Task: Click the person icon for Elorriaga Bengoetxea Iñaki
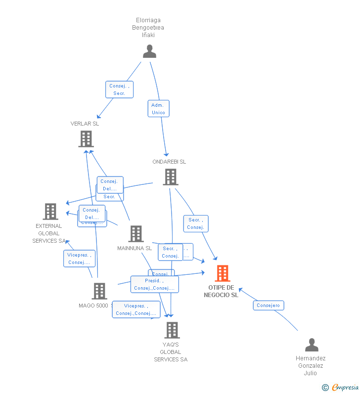[x=149, y=51]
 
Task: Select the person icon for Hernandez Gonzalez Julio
[x=312, y=345]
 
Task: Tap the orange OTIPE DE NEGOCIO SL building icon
[x=222, y=273]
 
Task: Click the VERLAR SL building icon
[x=86, y=139]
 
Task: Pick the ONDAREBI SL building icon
[x=170, y=177]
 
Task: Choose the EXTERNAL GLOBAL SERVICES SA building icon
[x=50, y=212]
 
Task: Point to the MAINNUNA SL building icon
[x=135, y=234]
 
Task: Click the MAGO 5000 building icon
[x=99, y=291]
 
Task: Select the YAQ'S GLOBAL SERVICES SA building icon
[x=172, y=330]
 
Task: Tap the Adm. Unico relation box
[x=158, y=109]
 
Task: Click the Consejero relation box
[x=269, y=306]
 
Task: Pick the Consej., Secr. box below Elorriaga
[x=119, y=89]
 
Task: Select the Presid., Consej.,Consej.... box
[x=154, y=284]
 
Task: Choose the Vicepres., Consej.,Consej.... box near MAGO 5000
[x=136, y=309]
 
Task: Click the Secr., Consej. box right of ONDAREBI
[x=196, y=223]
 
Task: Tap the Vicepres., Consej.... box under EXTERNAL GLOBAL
[x=79, y=259]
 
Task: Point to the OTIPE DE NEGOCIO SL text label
[x=221, y=291]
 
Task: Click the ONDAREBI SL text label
[x=169, y=162]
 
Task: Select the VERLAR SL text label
[x=85, y=124]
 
